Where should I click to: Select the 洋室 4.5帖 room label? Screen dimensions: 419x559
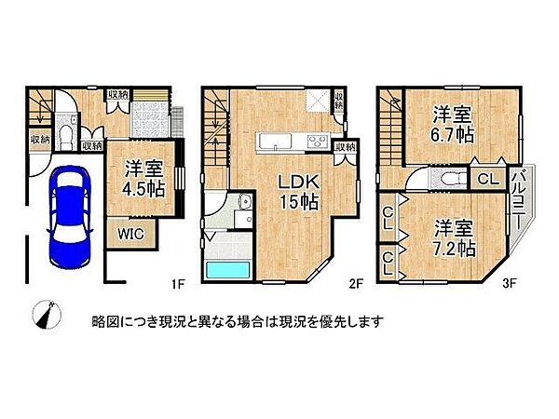click(144, 177)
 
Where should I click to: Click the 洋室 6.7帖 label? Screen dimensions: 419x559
click(454, 124)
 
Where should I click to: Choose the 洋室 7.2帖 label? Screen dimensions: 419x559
click(454, 237)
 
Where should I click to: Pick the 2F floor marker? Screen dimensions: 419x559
click(354, 280)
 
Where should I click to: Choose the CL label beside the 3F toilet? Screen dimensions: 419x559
click(486, 179)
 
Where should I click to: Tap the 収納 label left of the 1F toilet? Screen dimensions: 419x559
click(39, 140)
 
